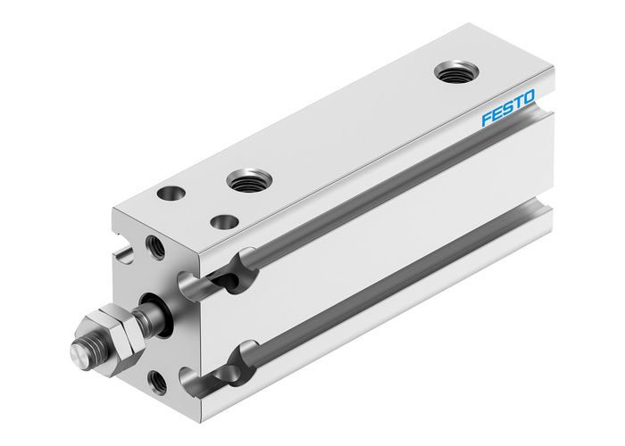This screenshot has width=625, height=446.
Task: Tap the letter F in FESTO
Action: (487, 120)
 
